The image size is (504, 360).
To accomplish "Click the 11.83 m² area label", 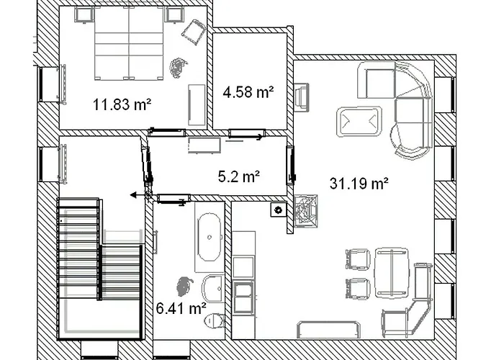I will [x=122, y=104].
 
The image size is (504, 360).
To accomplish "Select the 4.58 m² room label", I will [x=248, y=92].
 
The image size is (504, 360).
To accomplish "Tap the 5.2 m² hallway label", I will [x=238, y=175].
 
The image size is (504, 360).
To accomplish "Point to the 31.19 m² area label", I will [x=359, y=184].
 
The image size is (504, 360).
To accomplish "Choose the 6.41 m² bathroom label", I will [x=181, y=309].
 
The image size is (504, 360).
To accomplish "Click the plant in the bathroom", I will [x=184, y=284].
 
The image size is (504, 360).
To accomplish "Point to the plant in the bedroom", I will [x=176, y=68].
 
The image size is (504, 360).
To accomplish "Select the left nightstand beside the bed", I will [x=84, y=14].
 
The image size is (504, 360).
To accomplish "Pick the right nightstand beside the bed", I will [x=174, y=14].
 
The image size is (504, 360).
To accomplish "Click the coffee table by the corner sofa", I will [x=359, y=121].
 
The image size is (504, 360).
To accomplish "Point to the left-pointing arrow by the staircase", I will [x=135, y=194].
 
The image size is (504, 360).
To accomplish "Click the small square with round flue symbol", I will [x=276, y=210].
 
